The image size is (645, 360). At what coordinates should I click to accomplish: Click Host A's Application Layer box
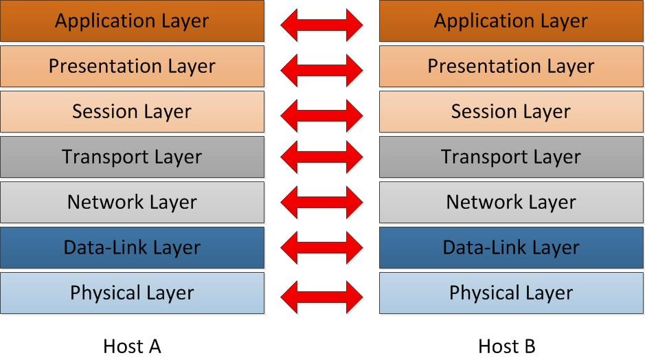(132, 21)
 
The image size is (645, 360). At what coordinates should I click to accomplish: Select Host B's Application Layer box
(511, 21)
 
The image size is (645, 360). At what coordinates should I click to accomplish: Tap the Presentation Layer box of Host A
(132, 66)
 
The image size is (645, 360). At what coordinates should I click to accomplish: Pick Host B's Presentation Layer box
(511, 66)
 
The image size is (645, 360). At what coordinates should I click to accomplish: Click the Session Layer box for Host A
(132, 111)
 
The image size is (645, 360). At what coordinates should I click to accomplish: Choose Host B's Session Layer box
(511, 111)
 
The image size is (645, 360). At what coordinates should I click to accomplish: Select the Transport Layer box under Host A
(132, 157)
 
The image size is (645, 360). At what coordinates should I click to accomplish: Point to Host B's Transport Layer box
(511, 157)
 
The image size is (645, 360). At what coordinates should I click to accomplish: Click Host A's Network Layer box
(132, 202)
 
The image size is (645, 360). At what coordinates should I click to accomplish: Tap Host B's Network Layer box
(511, 202)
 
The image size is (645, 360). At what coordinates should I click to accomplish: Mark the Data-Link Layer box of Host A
(132, 248)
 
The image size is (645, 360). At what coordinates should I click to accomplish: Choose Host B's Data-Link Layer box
(511, 248)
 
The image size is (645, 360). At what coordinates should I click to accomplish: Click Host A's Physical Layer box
(132, 293)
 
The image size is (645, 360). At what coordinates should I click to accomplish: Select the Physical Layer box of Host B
(511, 293)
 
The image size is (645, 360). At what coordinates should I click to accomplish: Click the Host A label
(132, 346)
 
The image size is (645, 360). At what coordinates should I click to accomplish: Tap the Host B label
(507, 346)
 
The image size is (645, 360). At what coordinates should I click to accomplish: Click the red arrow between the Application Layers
(321, 25)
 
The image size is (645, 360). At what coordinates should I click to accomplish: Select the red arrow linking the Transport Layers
(321, 157)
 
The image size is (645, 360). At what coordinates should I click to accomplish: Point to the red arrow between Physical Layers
(321, 297)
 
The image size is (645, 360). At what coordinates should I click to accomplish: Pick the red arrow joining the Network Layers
(321, 202)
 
